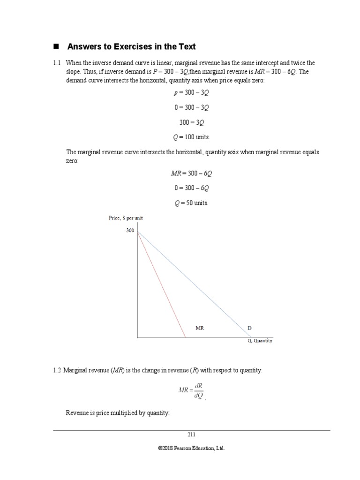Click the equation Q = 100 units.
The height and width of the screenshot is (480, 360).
(191, 137)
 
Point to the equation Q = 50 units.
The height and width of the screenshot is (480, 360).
(191, 203)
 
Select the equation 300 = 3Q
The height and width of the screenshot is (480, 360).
(192, 122)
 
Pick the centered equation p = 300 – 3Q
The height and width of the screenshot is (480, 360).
(191, 92)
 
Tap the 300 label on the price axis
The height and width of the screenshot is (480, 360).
(130, 231)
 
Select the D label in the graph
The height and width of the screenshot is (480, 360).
(249, 328)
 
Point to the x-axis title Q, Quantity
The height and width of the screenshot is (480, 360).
(260, 341)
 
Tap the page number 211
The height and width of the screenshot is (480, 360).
(191, 435)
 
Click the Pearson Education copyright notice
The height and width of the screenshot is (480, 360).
(191, 448)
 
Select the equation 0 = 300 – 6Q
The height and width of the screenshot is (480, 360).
(191, 188)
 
